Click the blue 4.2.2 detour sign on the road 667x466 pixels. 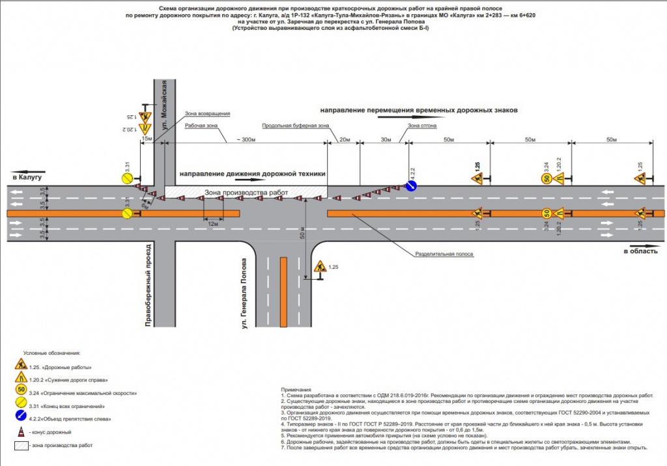click(412, 187)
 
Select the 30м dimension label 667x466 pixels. click(386, 140)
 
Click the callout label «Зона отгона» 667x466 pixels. click(421, 126)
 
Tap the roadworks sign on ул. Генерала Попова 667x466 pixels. click(320, 267)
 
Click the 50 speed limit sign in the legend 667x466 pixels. click(21, 390)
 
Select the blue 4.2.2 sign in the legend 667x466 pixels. click(21, 418)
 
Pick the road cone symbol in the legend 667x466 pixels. click(21, 432)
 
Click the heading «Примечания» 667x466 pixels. click(293, 389)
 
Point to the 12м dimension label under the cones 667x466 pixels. click(212, 223)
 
